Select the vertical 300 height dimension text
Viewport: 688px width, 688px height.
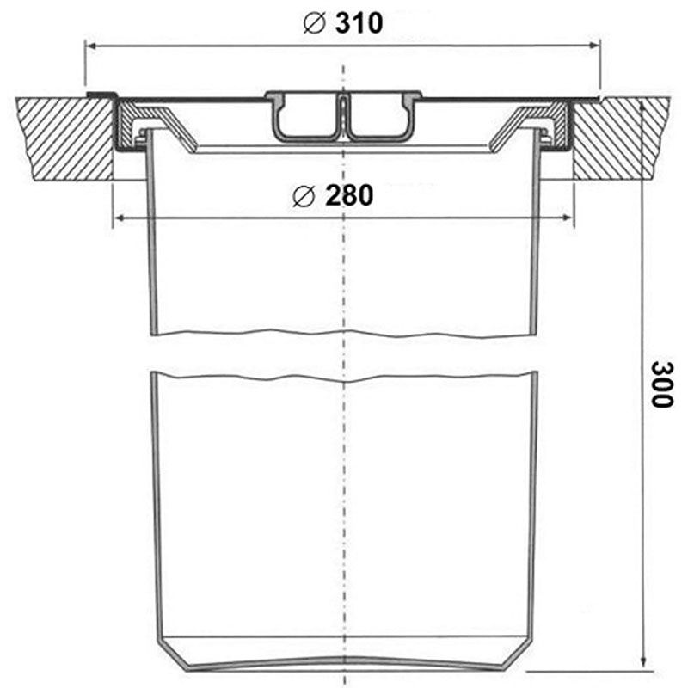pyautogui.click(x=660, y=384)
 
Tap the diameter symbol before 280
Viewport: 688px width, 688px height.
pyautogui.click(x=303, y=198)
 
